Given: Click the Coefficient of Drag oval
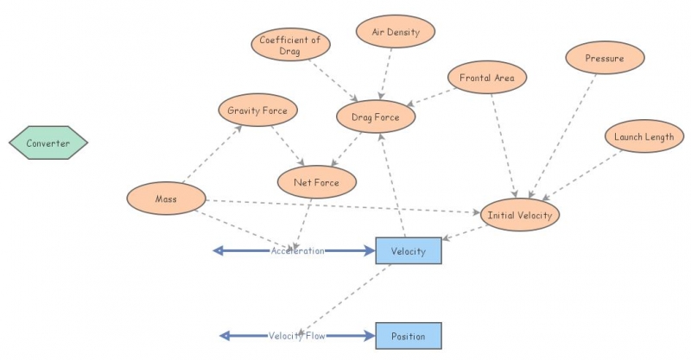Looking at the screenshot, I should (x=290, y=45).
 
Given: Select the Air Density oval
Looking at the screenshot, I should (x=396, y=32).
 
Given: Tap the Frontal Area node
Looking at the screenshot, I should (x=487, y=77).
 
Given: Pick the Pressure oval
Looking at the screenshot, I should (x=605, y=58).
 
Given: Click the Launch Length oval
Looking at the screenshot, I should (x=643, y=136).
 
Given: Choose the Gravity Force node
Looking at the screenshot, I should (x=257, y=111).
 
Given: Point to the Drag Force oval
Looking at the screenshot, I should (x=375, y=117).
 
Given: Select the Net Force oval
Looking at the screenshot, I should (x=317, y=182).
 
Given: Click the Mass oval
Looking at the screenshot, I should (x=166, y=199).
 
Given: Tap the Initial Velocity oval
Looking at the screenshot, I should (x=520, y=214).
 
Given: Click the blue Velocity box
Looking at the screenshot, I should (x=409, y=250).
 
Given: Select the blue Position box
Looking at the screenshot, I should (x=409, y=336).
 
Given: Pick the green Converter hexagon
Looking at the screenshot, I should (x=48, y=143).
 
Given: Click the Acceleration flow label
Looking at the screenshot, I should (x=297, y=251).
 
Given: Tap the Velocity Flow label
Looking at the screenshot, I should (x=296, y=336).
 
